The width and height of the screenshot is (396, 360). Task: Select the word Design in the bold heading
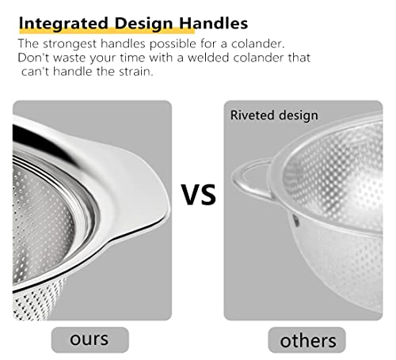tap(156, 24)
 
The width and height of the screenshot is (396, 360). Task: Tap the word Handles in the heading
tap(217, 24)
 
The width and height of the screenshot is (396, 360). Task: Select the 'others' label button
tap(307, 341)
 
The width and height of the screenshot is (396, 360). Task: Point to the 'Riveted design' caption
tap(274, 116)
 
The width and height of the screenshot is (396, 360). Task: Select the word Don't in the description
tap(34, 58)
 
